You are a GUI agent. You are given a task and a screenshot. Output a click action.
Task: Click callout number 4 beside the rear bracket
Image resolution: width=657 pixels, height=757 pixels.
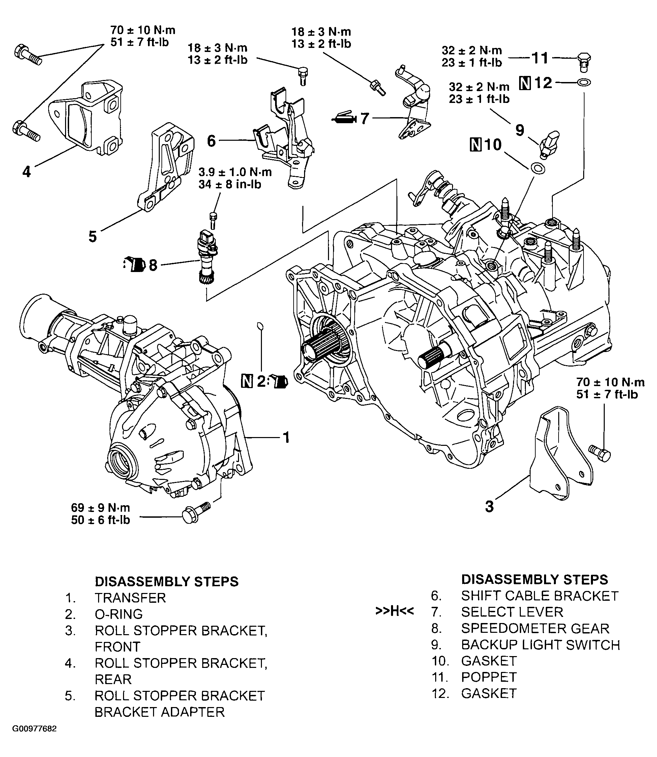26,171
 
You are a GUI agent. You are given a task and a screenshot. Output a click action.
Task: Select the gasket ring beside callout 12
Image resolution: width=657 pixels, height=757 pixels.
584,83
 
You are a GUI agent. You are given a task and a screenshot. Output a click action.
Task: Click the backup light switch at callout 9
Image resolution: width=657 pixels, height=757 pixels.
548,144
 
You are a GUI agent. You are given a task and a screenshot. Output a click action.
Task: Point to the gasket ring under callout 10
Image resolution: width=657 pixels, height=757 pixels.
537,168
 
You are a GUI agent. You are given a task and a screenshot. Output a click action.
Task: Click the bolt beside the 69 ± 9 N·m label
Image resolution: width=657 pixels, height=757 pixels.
196,513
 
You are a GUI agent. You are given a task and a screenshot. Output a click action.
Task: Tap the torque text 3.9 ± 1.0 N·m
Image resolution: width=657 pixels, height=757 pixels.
235,172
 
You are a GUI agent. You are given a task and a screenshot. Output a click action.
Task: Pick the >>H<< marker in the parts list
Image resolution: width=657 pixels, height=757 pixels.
394,611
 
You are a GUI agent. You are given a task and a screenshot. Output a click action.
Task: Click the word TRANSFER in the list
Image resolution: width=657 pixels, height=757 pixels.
130,598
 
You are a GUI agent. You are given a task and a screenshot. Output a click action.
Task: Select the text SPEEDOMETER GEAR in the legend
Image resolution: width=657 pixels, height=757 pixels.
535,628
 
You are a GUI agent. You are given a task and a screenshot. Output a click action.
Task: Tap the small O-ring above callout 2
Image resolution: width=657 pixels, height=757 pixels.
260,326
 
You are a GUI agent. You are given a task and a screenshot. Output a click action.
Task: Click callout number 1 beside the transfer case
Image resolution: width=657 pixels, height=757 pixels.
286,438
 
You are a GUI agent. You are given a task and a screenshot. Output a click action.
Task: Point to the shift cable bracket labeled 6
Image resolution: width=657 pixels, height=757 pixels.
286,139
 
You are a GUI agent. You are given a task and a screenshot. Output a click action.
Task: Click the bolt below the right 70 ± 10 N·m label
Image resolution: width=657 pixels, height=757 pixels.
600,453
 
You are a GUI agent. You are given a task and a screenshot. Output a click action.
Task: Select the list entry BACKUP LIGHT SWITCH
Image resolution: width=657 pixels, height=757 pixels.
540,645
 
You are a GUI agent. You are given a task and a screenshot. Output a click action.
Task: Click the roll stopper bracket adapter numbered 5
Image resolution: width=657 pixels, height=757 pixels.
165,169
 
